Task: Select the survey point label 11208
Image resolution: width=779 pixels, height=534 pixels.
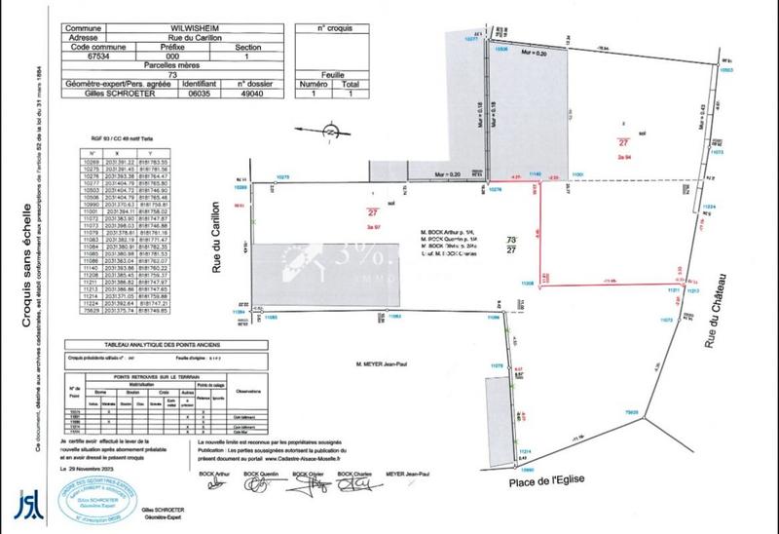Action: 500,281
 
